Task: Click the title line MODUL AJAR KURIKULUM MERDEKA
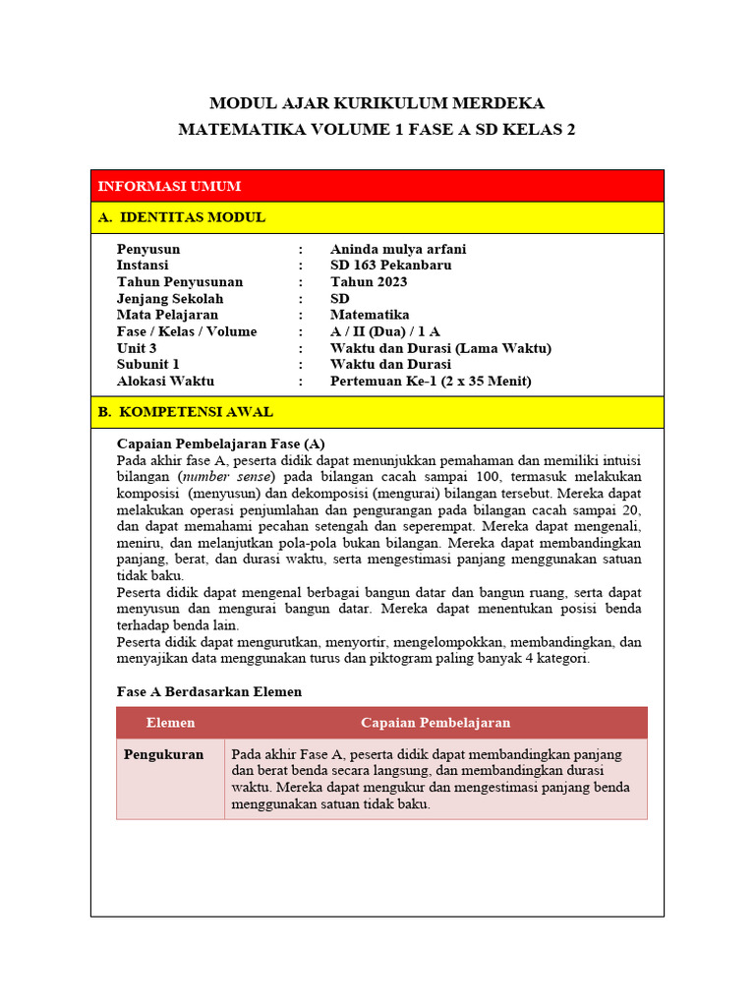click(x=377, y=103)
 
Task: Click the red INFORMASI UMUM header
click(x=169, y=186)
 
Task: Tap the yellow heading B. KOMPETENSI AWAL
click(x=186, y=412)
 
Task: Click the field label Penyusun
click(x=148, y=249)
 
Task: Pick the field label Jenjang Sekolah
click(x=170, y=299)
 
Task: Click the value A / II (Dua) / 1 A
click(x=384, y=331)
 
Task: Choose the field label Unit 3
click(x=137, y=348)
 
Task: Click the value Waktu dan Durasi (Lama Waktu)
click(x=440, y=348)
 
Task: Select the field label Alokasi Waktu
click(x=165, y=381)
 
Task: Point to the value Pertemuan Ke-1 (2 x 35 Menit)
click(x=431, y=381)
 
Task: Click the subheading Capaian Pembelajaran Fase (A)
click(x=220, y=444)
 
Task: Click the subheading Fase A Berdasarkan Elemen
click(x=209, y=691)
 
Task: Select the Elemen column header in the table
click(x=170, y=723)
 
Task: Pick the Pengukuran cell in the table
click(x=163, y=754)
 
